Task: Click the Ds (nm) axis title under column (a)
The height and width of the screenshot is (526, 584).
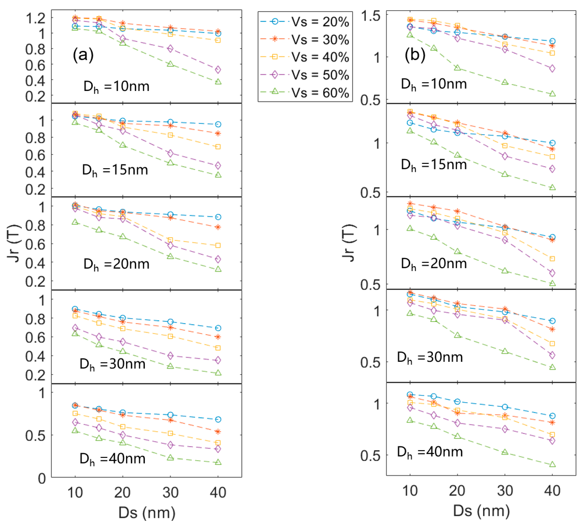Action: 147,512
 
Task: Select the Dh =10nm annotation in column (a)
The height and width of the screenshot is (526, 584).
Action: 116,86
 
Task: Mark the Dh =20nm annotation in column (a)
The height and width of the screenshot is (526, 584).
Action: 116,264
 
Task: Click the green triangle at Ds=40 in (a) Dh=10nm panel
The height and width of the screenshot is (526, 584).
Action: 218,82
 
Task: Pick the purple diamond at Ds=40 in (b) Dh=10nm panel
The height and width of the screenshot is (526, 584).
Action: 552,68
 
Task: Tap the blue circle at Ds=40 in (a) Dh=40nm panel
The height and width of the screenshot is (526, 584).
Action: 218,419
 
